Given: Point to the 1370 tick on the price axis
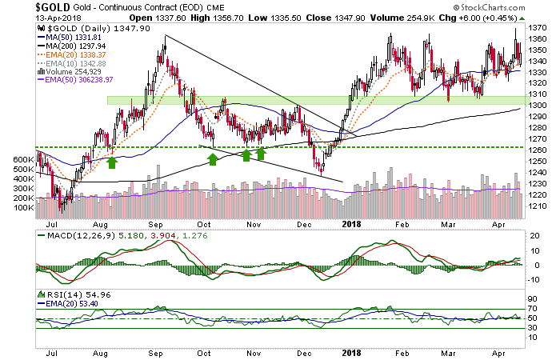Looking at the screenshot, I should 539,27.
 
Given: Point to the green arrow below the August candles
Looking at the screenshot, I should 112,162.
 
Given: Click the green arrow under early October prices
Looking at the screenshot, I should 212,160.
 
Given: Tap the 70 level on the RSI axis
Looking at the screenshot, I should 532,308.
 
